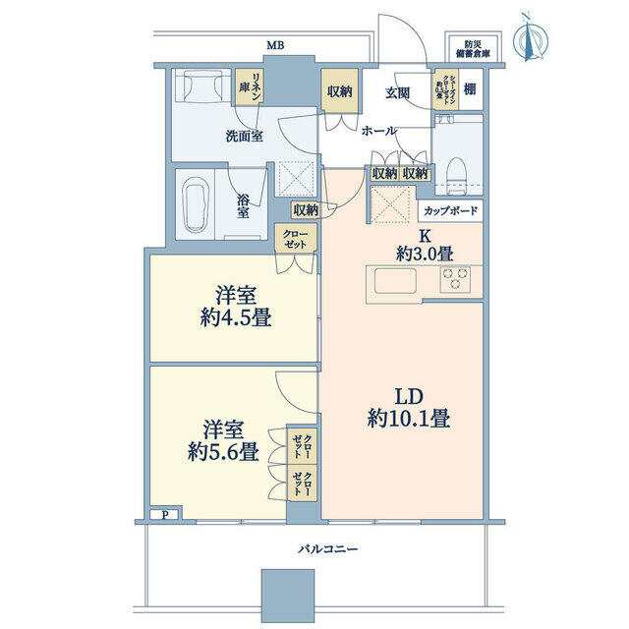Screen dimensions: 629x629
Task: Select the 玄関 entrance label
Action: tap(397, 93)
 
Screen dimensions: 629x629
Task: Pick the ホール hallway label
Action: tap(378, 130)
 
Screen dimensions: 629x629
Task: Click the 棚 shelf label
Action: tap(471, 89)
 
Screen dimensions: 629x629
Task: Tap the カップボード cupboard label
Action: tap(450, 210)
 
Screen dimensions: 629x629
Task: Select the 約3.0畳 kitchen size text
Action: tap(426, 253)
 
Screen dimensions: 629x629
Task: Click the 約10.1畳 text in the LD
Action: tap(410, 418)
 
